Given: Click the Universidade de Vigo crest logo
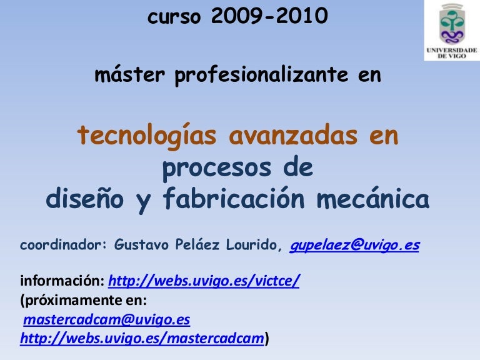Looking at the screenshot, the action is click(452, 30).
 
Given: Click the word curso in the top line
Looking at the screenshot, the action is click(174, 17).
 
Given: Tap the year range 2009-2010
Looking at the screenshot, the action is click(269, 16).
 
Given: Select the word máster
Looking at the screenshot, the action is click(130, 74).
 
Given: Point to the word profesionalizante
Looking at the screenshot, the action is click(261, 75).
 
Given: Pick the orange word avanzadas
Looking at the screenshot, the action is click(293, 136).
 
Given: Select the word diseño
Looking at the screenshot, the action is click(85, 198).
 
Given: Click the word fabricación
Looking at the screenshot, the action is click(234, 198).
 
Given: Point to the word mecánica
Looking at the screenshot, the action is click(373, 198).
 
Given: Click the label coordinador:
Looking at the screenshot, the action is click(63, 244).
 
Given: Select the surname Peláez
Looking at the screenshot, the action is click(197, 244).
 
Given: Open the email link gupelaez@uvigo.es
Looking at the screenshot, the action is click(354, 245).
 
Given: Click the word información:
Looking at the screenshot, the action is click(62, 281).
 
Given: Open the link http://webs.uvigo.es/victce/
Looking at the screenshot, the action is click(204, 281).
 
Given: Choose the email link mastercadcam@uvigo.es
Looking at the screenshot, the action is click(106, 319).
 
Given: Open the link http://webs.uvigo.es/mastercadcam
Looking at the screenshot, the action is click(142, 338).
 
